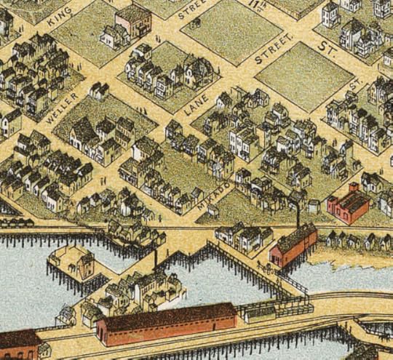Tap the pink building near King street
tap(134, 20)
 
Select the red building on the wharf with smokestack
tap(293, 245)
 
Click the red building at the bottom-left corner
tap(20, 345)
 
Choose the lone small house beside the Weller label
tap(98, 90)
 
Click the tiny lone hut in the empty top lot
tap(194, 23)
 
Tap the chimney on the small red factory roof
tap(354, 188)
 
